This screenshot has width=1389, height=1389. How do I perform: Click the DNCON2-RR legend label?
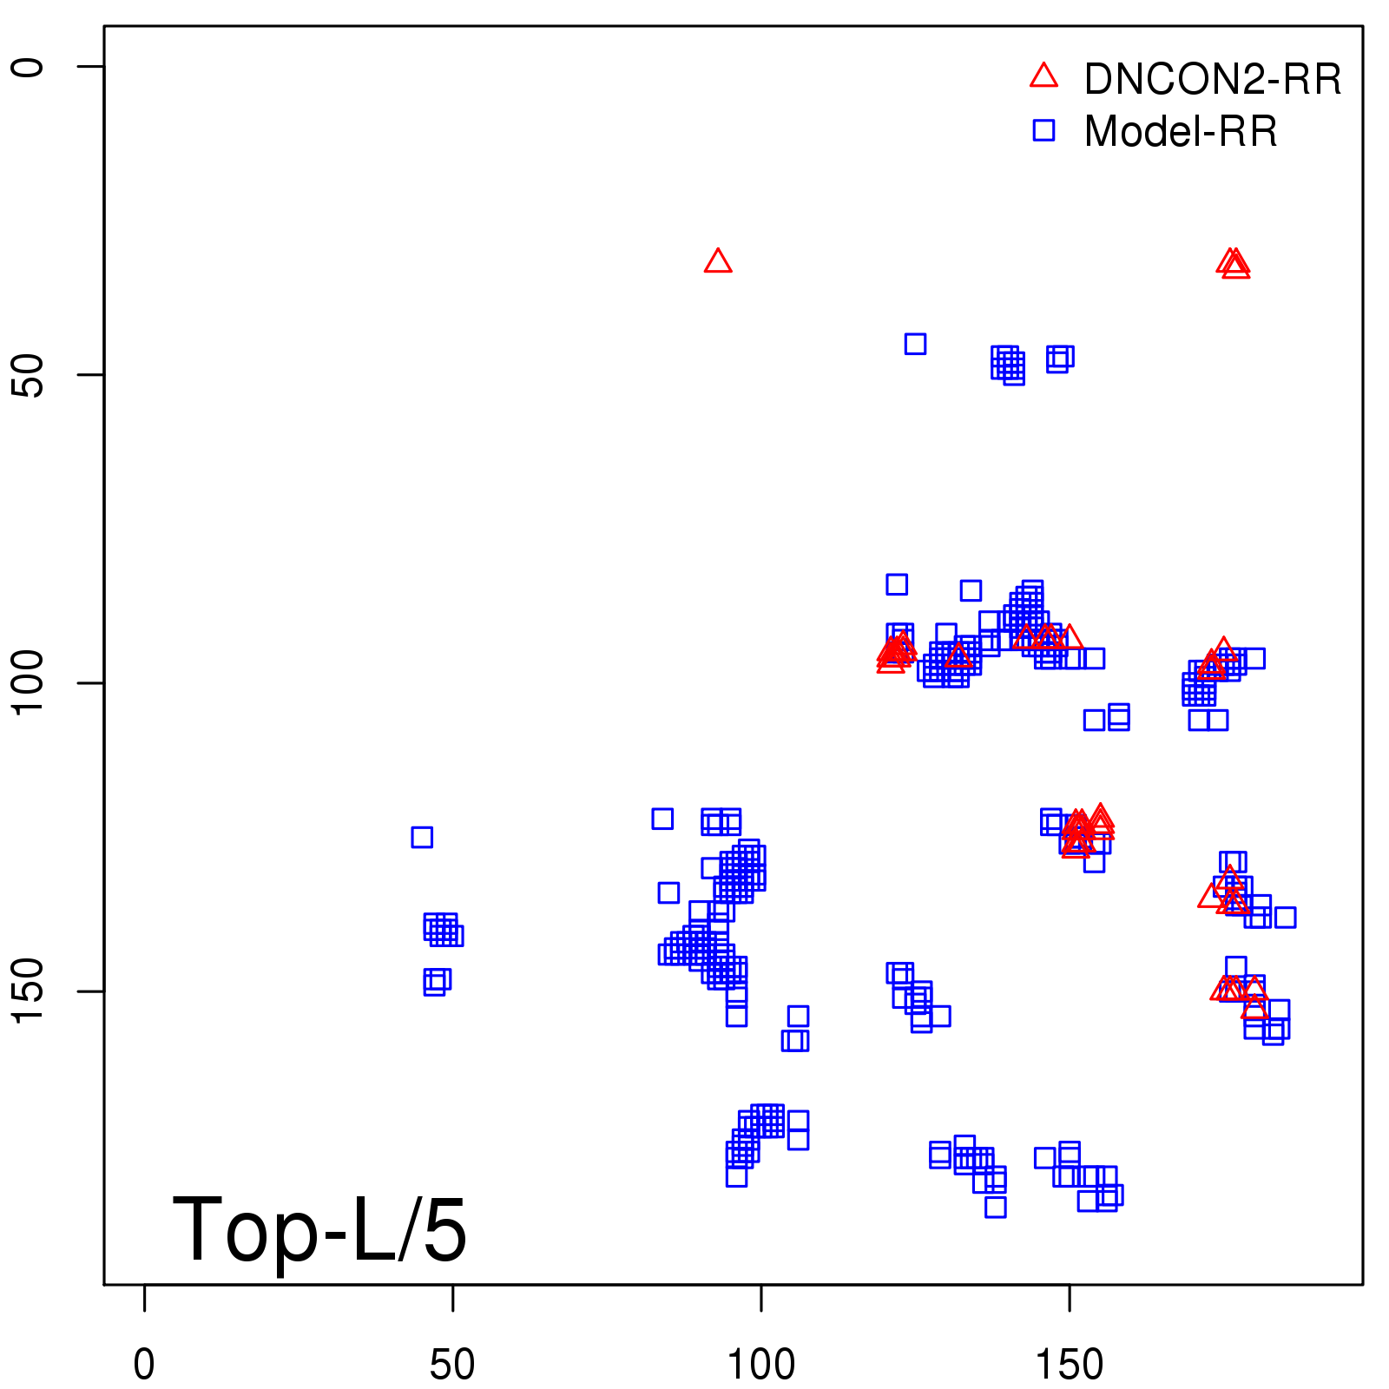tap(1212, 79)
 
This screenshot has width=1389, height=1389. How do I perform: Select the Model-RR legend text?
tap(1180, 132)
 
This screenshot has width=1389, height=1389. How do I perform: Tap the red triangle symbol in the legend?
tap(1043, 76)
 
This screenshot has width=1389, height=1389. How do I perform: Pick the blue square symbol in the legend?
tap(1043, 130)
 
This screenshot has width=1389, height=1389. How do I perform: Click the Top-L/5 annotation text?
tap(319, 1229)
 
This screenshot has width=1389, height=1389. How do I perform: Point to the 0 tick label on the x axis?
tap(144, 1364)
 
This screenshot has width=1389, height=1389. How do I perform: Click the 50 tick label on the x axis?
tap(452, 1364)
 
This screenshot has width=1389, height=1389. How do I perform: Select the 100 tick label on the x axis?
tap(760, 1364)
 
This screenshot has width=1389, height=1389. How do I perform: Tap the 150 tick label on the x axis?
tap(1069, 1364)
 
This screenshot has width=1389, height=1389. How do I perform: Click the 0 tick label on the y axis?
tap(28, 67)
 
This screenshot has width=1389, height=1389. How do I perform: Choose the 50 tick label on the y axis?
tap(28, 375)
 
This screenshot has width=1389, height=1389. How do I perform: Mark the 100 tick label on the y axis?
tap(28, 682)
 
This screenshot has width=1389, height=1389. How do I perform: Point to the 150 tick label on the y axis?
tap(28, 991)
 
